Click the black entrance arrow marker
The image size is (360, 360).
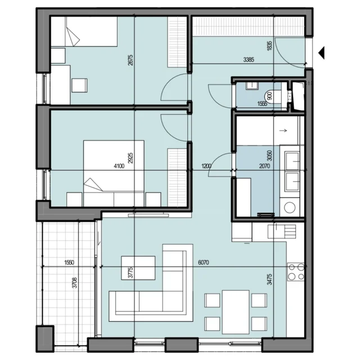pos(322,53)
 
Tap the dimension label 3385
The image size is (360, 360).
pos(249,60)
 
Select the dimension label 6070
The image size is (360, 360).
pos(204,263)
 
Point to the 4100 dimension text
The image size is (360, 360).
pos(119,166)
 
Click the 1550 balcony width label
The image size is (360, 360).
pos(69,263)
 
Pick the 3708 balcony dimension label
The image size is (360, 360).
pos(74,282)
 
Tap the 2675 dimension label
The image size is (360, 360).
pos(130,60)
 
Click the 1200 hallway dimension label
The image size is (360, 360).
pos(206,166)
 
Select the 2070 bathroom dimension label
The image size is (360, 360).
pos(264,166)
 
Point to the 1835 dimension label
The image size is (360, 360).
pos(269,46)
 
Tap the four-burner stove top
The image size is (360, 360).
pos(296,271)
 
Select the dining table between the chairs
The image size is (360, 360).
pos(236,312)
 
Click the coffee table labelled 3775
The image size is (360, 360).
pos(138,268)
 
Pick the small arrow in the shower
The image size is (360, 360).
pos(283,130)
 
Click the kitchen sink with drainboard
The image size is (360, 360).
pos(282,231)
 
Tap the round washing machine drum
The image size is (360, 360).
pos(290,208)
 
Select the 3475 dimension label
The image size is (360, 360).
pos(269,279)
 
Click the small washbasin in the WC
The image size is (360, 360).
pos(253,85)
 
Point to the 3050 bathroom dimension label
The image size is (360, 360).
pos(269,155)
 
